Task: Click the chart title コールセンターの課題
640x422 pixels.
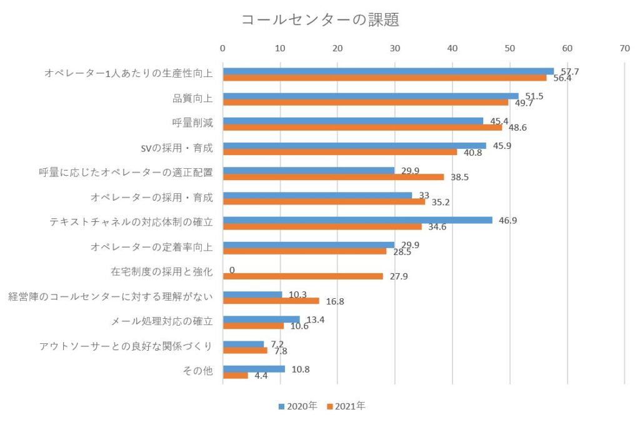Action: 320,20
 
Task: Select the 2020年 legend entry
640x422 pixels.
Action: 298,406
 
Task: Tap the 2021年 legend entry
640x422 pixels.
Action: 346,406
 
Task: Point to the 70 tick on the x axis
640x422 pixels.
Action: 624,48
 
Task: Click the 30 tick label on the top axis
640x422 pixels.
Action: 395,48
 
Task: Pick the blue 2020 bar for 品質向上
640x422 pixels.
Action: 371,96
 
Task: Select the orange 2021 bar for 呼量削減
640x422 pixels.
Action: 362,127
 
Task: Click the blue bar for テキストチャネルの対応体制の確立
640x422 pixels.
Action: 357,220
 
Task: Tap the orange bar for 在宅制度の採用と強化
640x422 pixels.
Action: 302,276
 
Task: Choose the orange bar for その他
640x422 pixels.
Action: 235,375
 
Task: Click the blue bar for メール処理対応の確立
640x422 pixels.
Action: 261,319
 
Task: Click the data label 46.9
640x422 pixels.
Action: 507,220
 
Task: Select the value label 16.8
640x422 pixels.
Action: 334,301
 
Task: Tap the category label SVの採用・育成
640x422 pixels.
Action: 177,148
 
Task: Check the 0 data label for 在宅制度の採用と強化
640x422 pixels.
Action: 232,270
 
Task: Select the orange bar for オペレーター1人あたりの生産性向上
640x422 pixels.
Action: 384,78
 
